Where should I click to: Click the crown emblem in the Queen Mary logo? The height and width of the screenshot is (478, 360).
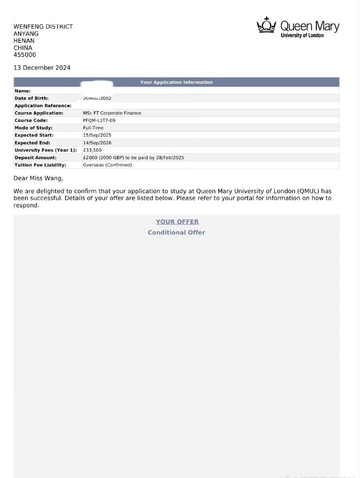266,25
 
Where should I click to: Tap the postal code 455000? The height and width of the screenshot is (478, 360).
25,55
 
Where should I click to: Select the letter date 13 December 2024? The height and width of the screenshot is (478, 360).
42,68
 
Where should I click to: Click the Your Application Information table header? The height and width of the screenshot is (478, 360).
176,82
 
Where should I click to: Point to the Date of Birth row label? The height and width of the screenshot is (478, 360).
31,98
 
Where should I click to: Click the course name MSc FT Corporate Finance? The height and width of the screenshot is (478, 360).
112,113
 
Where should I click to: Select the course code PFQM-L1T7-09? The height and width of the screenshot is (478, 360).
99,120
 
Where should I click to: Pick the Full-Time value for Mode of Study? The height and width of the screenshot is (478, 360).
93,128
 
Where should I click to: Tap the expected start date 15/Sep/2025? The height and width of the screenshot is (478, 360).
97,135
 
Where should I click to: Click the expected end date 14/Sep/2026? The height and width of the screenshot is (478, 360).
97,143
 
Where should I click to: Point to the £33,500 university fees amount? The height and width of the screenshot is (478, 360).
92,150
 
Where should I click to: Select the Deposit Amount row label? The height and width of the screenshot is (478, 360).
36,157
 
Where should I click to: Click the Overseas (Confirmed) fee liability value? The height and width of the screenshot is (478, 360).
107,165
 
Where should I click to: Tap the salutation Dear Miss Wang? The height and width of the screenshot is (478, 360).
38,178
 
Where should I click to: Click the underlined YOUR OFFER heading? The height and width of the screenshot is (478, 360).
177,222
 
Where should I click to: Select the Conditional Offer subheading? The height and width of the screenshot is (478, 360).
176,232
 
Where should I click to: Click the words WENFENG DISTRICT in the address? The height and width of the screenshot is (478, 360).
43,27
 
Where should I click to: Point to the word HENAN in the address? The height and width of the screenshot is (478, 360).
24,40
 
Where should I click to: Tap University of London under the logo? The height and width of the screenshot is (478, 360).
302,35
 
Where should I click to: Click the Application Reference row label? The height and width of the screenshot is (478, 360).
43,106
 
